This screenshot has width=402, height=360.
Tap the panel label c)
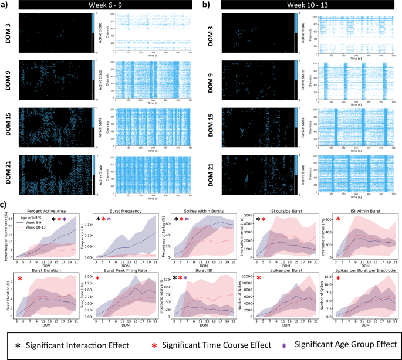(x=5, y=205)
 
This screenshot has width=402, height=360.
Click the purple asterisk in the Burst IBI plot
(x=187, y=278)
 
